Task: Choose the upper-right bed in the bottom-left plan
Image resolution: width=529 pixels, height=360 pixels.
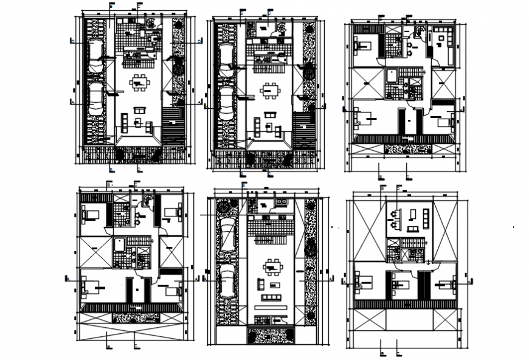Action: tap(173, 211)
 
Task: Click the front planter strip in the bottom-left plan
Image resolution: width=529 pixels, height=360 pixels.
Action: tap(128, 317)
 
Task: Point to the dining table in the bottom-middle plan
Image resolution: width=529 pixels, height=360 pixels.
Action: tap(272, 267)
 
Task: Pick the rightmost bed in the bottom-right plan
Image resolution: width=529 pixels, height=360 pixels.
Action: tap(449, 283)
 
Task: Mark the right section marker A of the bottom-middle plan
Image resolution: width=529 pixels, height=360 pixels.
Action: tap(331, 279)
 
